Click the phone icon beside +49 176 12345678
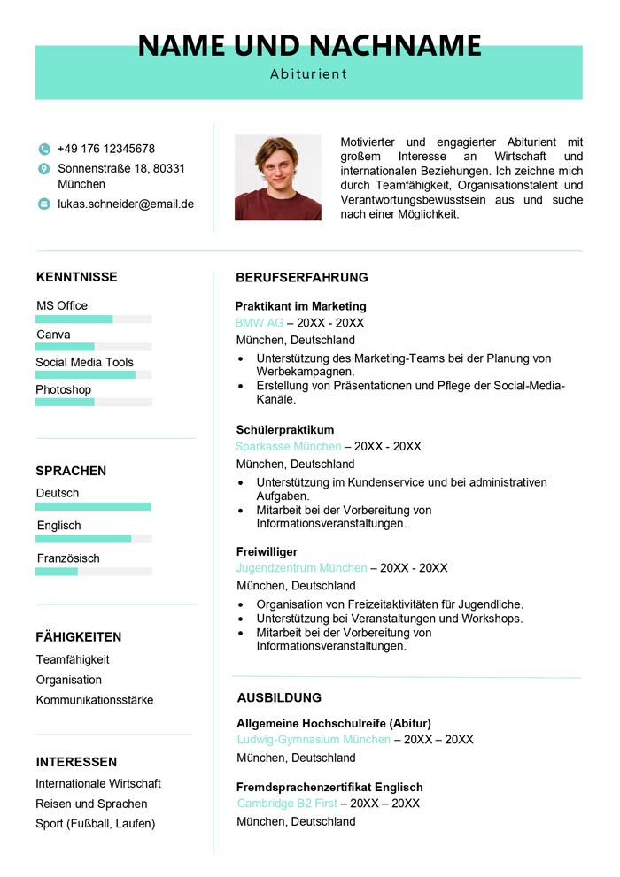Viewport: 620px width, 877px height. pyautogui.click(x=44, y=150)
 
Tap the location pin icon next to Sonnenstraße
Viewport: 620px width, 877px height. pyautogui.click(x=44, y=168)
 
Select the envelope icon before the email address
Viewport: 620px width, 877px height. pyautogui.click(x=44, y=204)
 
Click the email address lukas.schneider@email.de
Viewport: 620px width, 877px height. pyautogui.click(x=126, y=204)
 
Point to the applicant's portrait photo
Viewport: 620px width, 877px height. pyautogui.click(x=277, y=177)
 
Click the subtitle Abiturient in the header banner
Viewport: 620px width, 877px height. pyautogui.click(x=308, y=74)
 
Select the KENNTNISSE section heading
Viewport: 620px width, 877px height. pyautogui.click(x=77, y=277)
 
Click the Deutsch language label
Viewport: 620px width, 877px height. pyautogui.click(x=58, y=493)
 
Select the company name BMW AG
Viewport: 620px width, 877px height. pyautogui.click(x=260, y=323)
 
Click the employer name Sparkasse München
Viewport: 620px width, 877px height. pyautogui.click(x=289, y=446)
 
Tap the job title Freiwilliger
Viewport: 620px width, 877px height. pyautogui.click(x=267, y=551)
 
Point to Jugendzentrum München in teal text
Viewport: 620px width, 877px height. pyautogui.click(x=301, y=568)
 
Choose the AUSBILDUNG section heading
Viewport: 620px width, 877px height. pyautogui.click(x=279, y=697)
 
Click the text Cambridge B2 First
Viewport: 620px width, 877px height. pyautogui.click(x=287, y=804)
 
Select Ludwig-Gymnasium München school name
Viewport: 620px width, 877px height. pyautogui.click(x=314, y=740)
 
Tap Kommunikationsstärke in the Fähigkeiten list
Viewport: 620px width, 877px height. pyautogui.click(x=95, y=700)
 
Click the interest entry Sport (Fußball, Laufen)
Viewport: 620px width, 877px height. pyautogui.click(x=96, y=824)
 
